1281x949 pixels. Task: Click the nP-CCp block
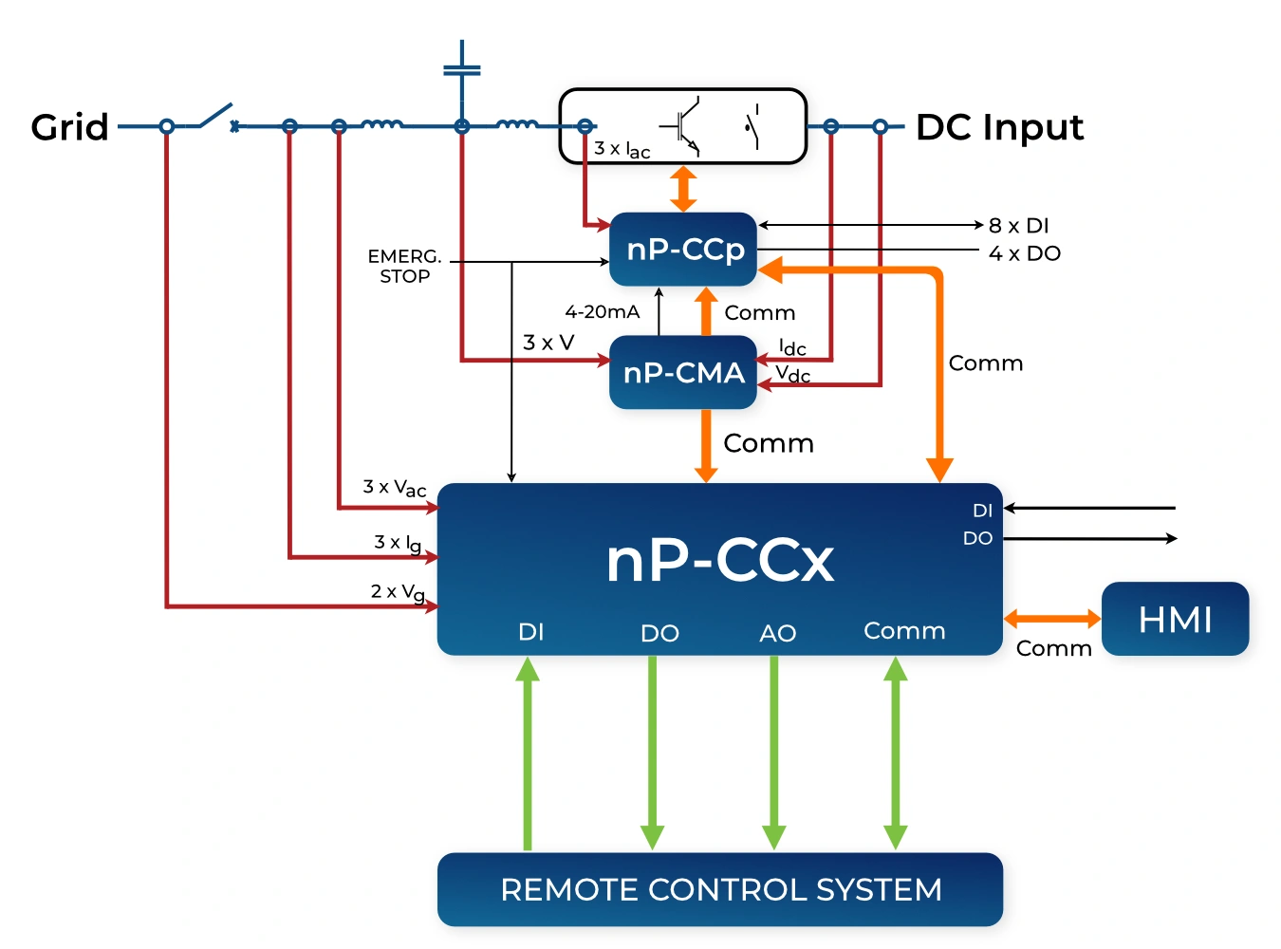click(x=683, y=249)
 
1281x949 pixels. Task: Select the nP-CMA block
click(x=683, y=372)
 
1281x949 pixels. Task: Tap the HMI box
click(x=1175, y=619)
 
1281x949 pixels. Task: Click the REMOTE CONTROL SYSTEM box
click(x=720, y=889)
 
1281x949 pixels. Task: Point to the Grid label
click(x=69, y=127)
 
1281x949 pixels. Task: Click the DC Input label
click(x=999, y=127)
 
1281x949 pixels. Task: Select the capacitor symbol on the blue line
click(x=462, y=70)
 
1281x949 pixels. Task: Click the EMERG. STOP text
click(x=405, y=266)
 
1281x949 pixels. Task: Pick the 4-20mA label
click(x=602, y=311)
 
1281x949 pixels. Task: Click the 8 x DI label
click(x=1018, y=226)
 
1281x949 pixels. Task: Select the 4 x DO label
click(x=1024, y=253)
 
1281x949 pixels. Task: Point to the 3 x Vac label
click(x=394, y=488)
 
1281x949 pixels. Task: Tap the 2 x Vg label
click(x=397, y=592)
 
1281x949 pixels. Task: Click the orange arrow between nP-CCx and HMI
click(x=1051, y=619)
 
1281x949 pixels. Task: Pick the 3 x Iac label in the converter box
click(x=622, y=150)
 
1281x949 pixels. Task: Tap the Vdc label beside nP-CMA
click(x=792, y=374)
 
